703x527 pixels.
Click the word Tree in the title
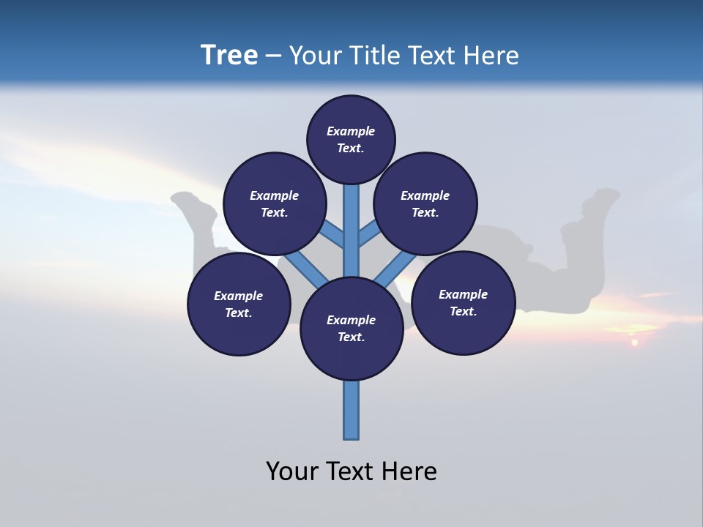click(229, 56)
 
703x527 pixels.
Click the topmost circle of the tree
click(351, 139)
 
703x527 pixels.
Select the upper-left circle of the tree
click(274, 203)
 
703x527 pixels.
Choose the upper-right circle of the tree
click(425, 203)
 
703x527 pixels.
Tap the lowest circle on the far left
click(239, 304)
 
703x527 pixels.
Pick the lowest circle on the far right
click(464, 302)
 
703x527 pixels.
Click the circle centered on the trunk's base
click(351, 329)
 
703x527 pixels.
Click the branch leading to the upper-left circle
click(331, 234)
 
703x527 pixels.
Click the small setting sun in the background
click(634, 342)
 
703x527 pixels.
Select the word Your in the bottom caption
click(292, 471)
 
